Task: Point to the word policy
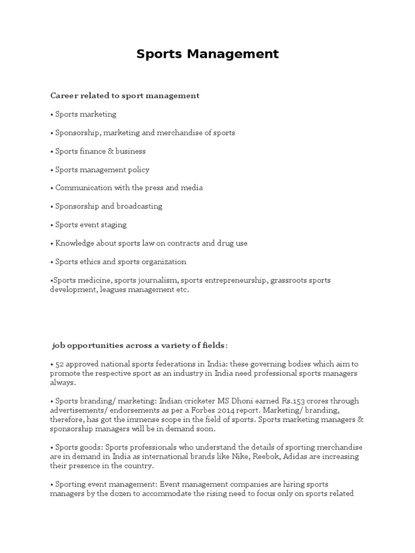(x=139, y=170)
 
